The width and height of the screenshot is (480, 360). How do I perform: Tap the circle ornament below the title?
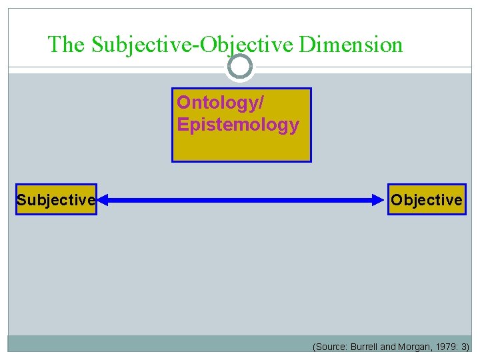pos(240,67)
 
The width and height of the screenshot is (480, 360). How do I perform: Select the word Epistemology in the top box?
pos(238,125)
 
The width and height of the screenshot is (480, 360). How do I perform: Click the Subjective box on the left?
pos(56,199)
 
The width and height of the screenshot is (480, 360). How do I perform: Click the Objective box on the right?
pos(427,199)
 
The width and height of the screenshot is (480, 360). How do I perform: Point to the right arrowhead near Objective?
pos(379,199)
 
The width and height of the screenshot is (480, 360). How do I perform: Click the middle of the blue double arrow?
pos(242,199)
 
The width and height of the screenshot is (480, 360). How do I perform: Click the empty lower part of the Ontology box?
pos(241,148)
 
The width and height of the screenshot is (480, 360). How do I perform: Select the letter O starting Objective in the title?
pos(207,45)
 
